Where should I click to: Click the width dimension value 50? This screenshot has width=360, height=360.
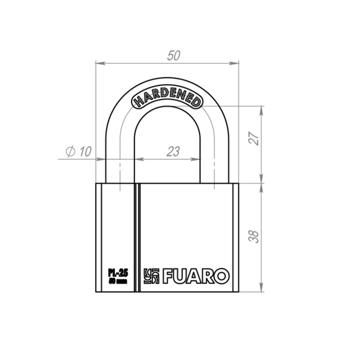[x=173, y=56]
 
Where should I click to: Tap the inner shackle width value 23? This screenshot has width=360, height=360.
[x=173, y=151]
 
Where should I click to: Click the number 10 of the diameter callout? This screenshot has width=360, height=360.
[x=85, y=151]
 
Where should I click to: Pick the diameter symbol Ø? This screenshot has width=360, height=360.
[x=71, y=151]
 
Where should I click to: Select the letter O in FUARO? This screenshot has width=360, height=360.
[x=221, y=276]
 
